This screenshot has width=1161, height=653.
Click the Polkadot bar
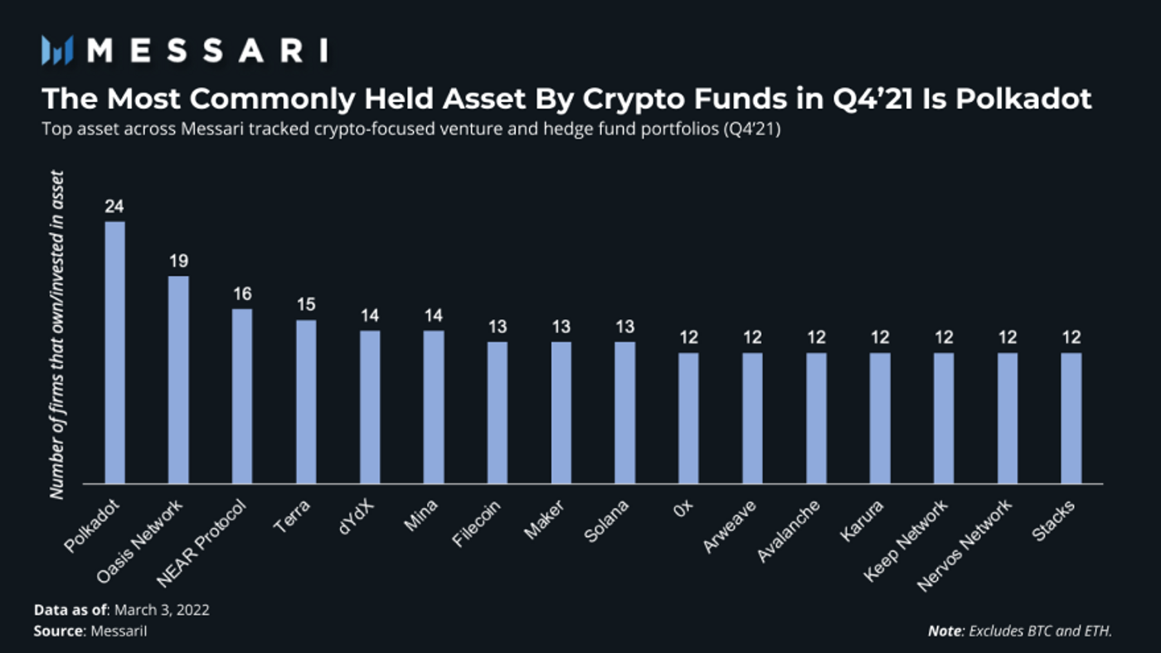click(114, 352)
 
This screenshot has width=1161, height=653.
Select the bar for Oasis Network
click(178, 380)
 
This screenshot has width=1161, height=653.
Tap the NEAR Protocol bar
click(242, 396)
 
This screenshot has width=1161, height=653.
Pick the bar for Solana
click(624, 413)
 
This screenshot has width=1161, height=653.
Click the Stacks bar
click(1071, 418)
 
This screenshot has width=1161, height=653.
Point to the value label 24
click(114, 206)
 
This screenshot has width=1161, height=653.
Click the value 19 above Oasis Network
click(178, 261)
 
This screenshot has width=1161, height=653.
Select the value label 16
click(242, 294)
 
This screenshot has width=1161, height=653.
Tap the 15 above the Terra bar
click(306, 305)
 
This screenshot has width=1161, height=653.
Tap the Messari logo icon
click(58, 51)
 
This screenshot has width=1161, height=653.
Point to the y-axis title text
click(56, 334)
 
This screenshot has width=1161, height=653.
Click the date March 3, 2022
click(162, 610)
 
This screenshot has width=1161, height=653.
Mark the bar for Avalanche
click(816, 418)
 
